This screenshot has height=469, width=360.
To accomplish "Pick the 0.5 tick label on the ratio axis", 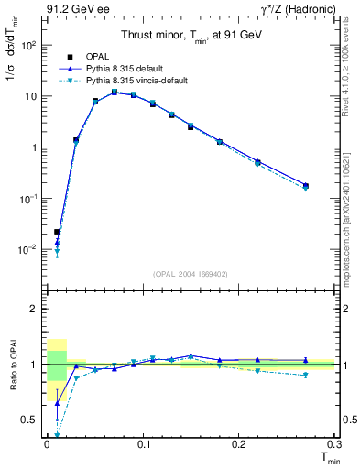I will pyautogui.click(x=29, y=420).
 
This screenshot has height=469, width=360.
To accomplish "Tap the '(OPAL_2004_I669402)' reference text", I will pyautogui.click(x=190, y=273).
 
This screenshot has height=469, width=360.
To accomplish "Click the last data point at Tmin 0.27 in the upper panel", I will pyautogui.click(x=305, y=186).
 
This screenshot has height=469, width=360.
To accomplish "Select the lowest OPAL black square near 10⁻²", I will pyautogui.click(x=57, y=232).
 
